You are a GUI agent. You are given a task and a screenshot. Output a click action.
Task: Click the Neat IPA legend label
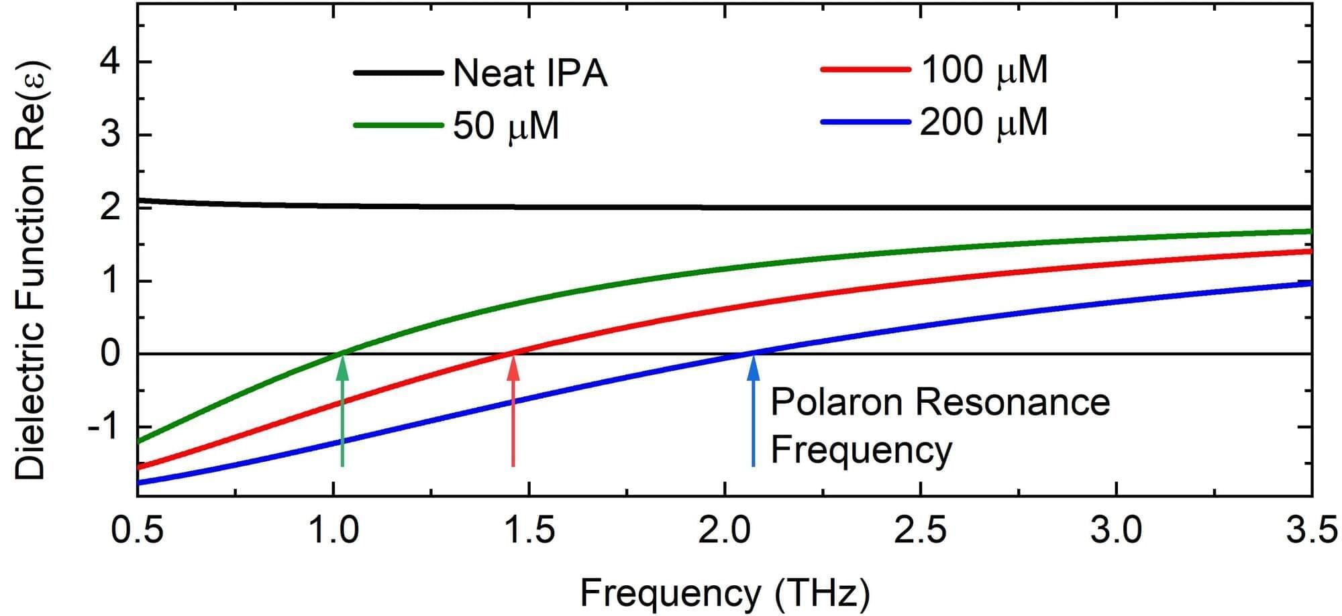[x=529, y=73]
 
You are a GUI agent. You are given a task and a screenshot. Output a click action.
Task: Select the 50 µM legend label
[x=505, y=125]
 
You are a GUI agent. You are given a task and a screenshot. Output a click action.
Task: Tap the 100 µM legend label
[x=984, y=70]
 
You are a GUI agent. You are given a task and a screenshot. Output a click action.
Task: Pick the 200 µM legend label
[x=984, y=123]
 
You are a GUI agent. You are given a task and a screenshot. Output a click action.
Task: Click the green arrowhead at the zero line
[x=342, y=367]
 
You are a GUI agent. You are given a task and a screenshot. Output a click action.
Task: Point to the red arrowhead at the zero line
[x=513, y=367]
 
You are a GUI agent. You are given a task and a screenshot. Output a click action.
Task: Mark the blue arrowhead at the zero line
[x=754, y=367]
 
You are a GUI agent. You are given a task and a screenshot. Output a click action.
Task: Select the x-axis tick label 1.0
[x=333, y=531]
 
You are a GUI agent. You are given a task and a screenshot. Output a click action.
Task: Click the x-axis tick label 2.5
[x=921, y=531]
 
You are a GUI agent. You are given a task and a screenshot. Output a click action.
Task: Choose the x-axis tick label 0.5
[x=138, y=531]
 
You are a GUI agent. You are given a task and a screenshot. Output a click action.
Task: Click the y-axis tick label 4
[x=110, y=62]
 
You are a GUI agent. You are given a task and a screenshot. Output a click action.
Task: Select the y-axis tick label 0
[x=110, y=353]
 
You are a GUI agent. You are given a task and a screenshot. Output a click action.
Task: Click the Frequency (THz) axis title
[x=725, y=593]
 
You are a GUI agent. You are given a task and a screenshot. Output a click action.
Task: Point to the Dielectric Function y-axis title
[x=30, y=271]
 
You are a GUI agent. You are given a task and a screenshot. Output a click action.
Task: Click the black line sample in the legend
[x=398, y=72]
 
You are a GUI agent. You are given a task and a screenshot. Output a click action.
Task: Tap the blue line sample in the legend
[x=866, y=123]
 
